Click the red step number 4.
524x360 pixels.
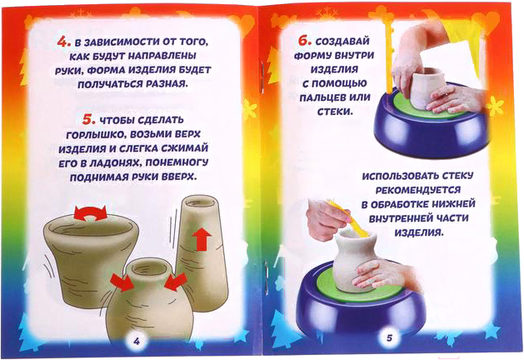click(64, 42)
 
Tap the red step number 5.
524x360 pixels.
click(88, 119)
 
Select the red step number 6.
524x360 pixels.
click(304, 41)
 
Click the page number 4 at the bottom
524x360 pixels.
click(137, 341)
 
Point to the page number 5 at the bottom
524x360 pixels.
click(389, 337)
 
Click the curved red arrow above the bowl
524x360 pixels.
click(90, 213)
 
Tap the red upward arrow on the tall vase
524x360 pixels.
click(202, 238)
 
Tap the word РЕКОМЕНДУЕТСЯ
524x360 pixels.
click(417, 190)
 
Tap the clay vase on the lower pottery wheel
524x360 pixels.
click(355, 261)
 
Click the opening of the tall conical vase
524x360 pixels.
click(199, 201)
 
